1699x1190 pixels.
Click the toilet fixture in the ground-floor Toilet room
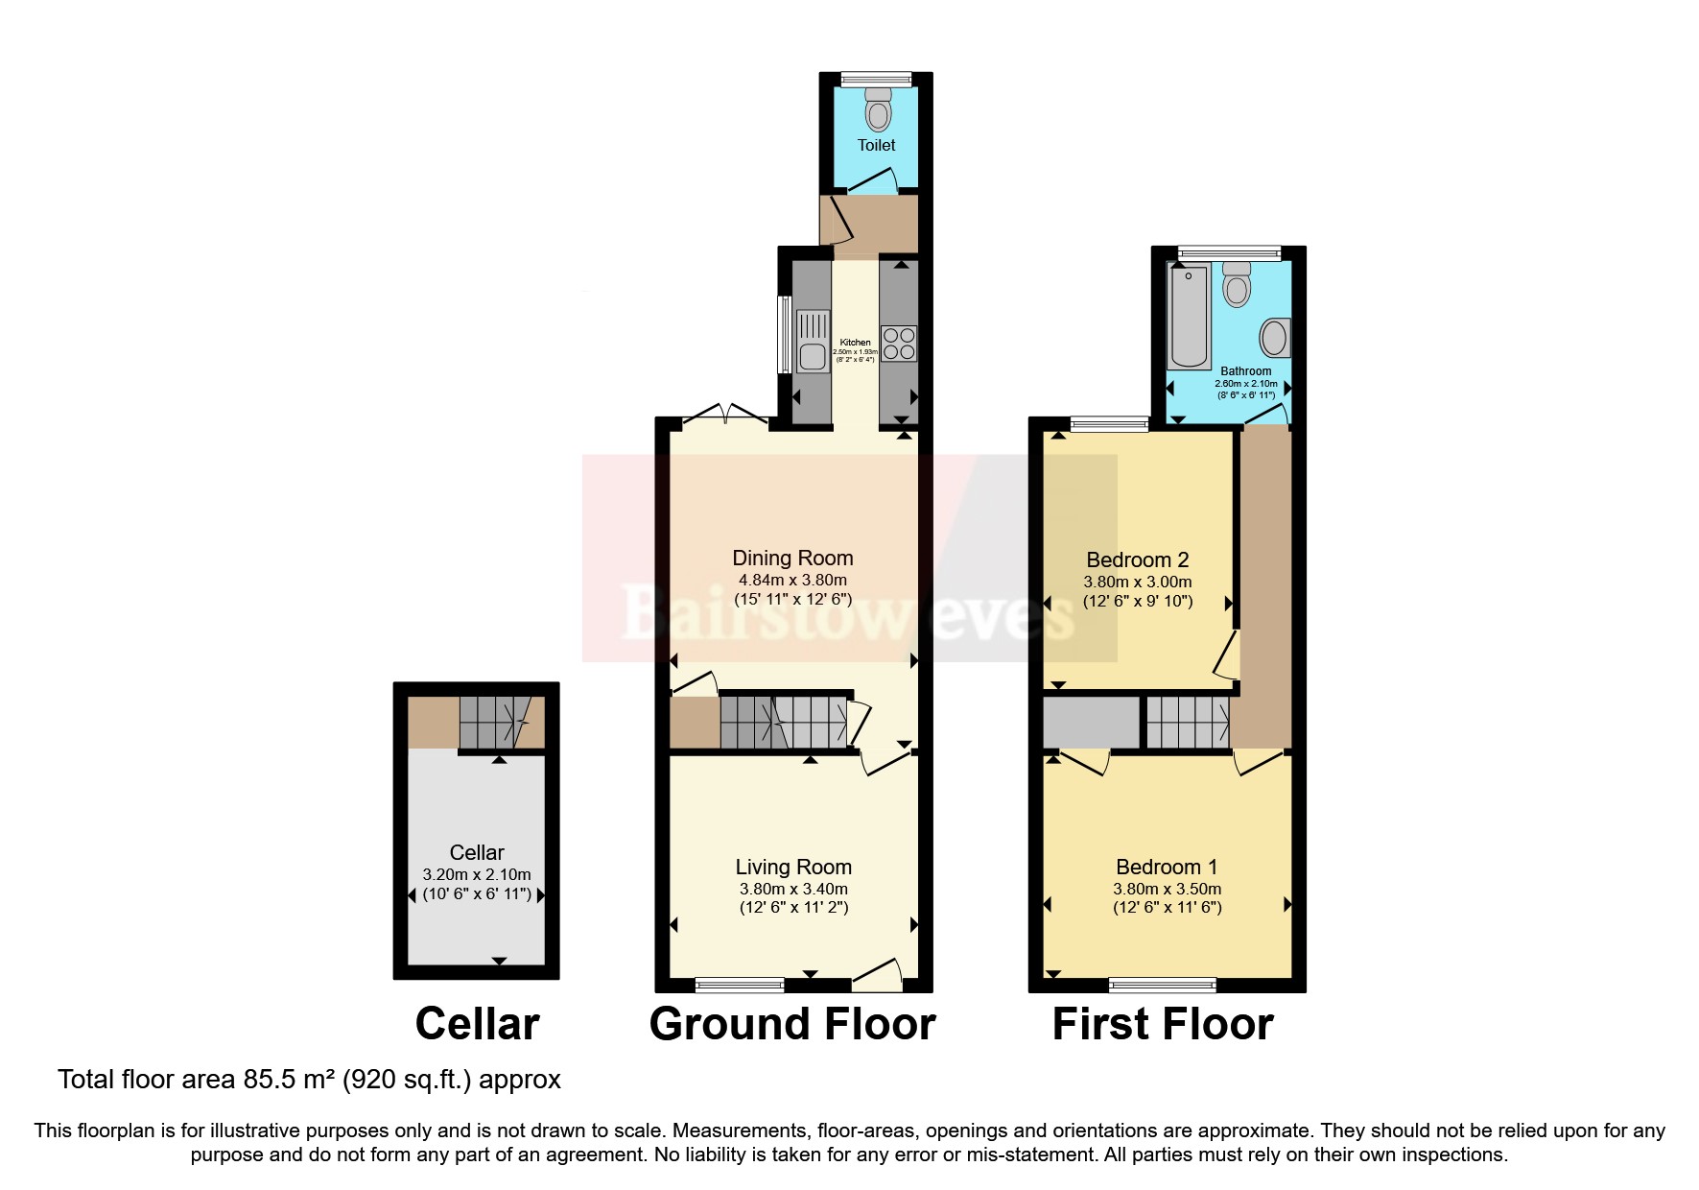tap(877, 111)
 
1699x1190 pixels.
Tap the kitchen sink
tap(813, 340)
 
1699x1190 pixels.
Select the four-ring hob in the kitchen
tap(899, 344)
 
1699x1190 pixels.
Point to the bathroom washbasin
tap(1275, 338)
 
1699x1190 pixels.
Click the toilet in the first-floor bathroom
tap(1238, 284)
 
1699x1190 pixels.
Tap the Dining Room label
tap(792, 559)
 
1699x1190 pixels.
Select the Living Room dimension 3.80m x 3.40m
tap(793, 889)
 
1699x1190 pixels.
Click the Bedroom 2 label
tap(1138, 560)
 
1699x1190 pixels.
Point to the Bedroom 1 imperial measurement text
tap(1168, 908)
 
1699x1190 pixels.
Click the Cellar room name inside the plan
tap(477, 852)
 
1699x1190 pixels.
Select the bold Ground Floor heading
tap(792, 1024)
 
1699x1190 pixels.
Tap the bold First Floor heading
tap(1163, 1024)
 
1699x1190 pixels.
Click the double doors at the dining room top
tap(725, 415)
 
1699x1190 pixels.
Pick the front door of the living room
tap(877, 976)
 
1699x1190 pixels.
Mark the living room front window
tap(739, 984)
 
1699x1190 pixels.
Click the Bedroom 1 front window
tap(1162, 984)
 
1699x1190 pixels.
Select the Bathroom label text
tap(1245, 371)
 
